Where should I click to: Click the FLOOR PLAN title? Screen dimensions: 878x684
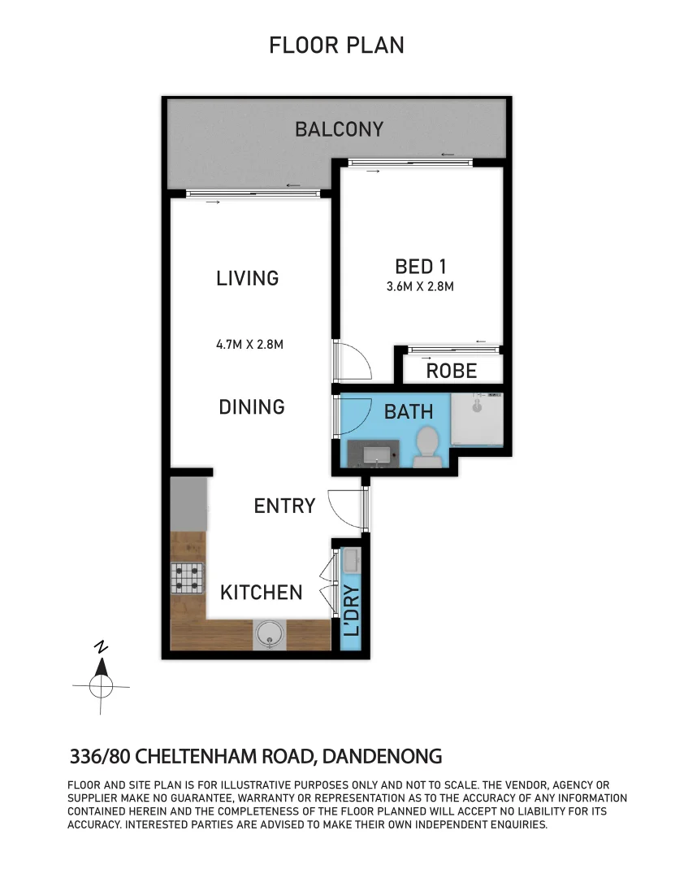coord(336,45)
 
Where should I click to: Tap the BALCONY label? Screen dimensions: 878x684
coord(339,129)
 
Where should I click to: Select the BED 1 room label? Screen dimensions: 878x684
coord(421,266)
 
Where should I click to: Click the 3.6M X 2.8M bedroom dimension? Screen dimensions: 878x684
coord(420,286)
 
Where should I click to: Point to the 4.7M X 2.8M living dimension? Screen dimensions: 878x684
coord(249,344)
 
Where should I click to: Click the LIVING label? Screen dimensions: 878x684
coord(248,278)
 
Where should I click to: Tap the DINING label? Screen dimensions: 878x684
coord(252,406)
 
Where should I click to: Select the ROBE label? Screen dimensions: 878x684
coord(452,371)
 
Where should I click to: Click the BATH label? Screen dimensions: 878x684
coord(409,411)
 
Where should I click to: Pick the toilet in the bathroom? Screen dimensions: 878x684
coord(427,448)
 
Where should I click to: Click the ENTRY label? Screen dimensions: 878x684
coord(284,506)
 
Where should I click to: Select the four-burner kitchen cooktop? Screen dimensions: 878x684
coord(187,577)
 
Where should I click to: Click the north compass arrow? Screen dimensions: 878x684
coord(101,668)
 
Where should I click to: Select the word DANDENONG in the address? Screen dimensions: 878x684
coord(383,757)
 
